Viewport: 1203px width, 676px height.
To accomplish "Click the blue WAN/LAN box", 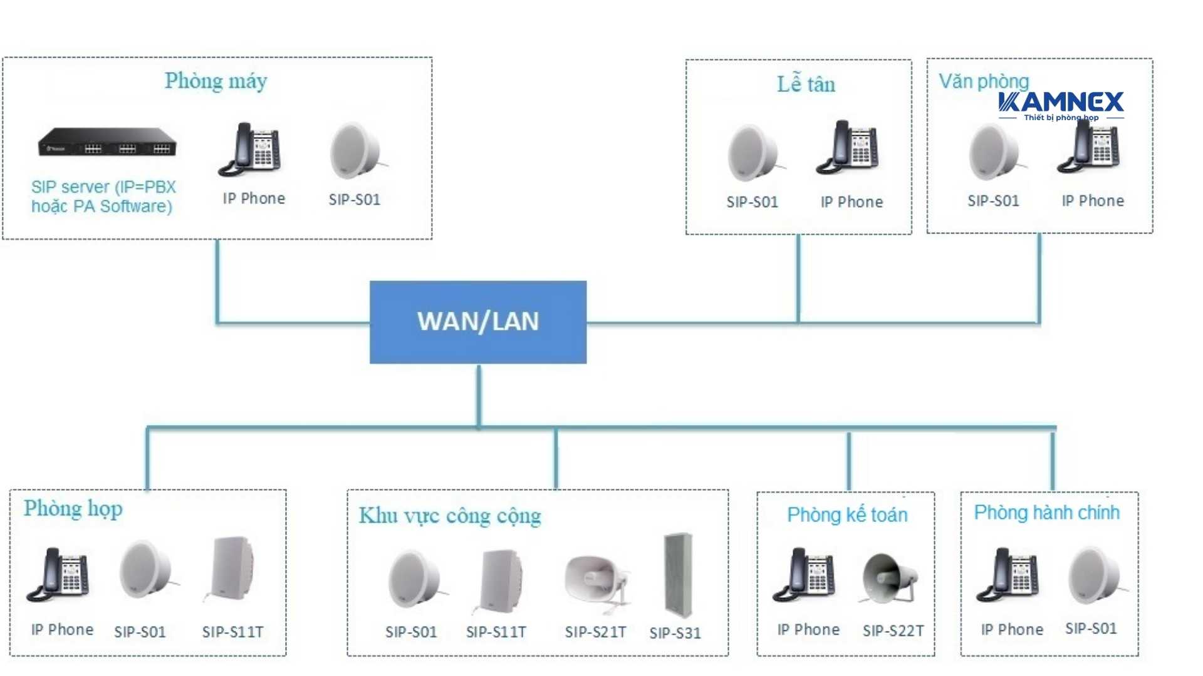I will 478,322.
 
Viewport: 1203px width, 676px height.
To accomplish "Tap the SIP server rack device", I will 107,142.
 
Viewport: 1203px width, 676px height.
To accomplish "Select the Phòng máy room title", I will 216,81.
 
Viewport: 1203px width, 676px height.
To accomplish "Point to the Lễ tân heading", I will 806,84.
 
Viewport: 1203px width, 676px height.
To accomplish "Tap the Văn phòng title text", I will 983,81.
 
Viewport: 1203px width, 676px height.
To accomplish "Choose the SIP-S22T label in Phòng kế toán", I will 893,630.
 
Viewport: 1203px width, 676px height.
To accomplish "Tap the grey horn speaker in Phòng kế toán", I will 889,577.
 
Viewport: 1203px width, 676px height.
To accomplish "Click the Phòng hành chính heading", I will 1046,513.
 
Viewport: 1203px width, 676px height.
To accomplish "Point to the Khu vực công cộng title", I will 449,516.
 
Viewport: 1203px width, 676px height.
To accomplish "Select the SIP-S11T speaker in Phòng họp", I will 231,568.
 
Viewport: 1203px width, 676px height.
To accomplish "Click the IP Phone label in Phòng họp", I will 62,630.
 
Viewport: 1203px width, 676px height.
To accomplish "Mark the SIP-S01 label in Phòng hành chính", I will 1091,628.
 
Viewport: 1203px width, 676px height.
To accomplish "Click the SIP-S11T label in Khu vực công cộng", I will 496,632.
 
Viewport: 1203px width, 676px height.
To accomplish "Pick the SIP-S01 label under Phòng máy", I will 354,200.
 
